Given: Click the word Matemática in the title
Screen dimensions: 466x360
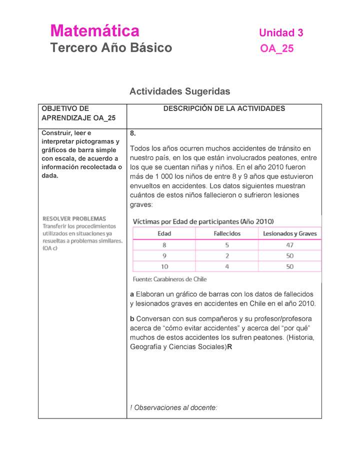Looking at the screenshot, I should tap(94, 31).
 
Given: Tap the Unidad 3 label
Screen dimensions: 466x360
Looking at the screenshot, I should tap(280, 33).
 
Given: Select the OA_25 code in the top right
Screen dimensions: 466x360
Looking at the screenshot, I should tap(276, 48).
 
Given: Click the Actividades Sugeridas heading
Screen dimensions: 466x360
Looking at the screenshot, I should tap(179, 91).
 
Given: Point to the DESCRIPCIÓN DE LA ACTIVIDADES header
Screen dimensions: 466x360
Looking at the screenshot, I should tap(224, 108).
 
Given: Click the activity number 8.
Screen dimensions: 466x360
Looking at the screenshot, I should tap(132, 133).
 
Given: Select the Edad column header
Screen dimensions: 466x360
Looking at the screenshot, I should tap(164, 233).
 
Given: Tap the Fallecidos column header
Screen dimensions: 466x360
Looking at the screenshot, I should tap(227, 233).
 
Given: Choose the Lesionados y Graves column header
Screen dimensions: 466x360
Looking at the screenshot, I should tap(289, 233).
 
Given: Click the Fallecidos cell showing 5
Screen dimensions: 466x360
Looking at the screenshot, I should tap(227, 245).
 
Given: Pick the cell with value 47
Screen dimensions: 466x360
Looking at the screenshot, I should tap(289, 245).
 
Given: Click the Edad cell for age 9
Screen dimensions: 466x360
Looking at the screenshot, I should tap(164, 256).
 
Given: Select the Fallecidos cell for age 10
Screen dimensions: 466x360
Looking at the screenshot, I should tap(227, 266).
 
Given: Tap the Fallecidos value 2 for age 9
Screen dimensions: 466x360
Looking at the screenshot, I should tap(227, 256).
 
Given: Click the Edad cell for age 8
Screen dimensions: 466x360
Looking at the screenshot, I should tap(164, 245).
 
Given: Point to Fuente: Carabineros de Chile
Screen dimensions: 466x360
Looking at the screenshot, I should tap(169, 279).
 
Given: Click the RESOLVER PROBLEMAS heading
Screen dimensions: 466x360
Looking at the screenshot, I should tap(74, 218).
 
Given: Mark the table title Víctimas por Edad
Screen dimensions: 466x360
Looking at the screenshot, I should tap(203, 221).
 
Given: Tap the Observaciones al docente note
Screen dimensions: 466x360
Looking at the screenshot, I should tap(173, 407).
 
